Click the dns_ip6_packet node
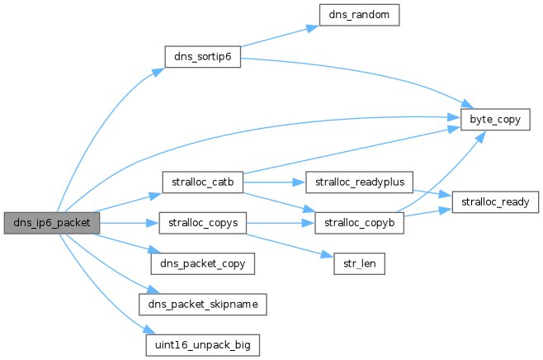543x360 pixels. (x=52, y=223)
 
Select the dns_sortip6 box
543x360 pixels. (x=202, y=58)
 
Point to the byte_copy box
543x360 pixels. (x=494, y=120)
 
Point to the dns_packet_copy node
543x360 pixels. (x=202, y=264)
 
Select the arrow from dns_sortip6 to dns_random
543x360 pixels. (x=277, y=38)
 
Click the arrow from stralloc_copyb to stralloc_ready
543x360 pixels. (x=424, y=213)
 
